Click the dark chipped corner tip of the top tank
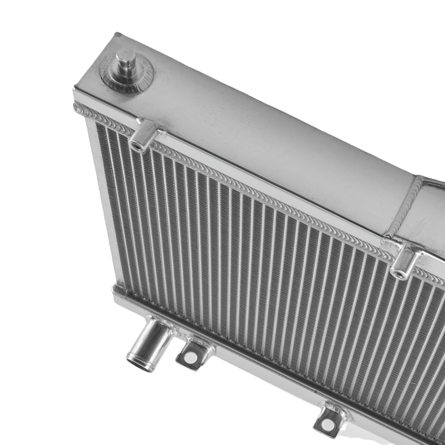(117, 35)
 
